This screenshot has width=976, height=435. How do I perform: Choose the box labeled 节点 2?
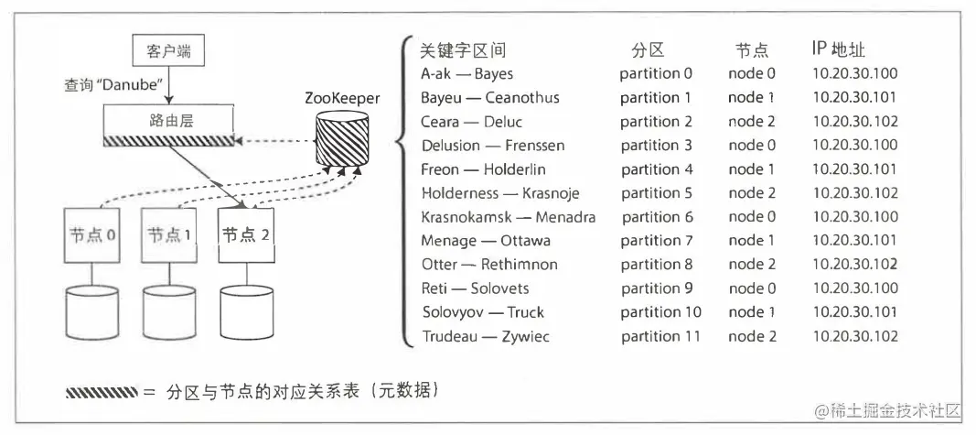(x=246, y=236)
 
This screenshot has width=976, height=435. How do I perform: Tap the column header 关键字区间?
(x=462, y=49)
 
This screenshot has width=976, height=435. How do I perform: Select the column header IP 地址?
(x=838, y=49)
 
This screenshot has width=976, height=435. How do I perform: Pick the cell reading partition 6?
(x=657, y=217)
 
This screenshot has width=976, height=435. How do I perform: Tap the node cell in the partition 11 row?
(x=753, y=336)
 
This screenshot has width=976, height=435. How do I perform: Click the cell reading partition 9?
(x=657, y=288)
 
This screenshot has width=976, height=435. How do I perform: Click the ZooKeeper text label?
(x=342, y=97)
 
